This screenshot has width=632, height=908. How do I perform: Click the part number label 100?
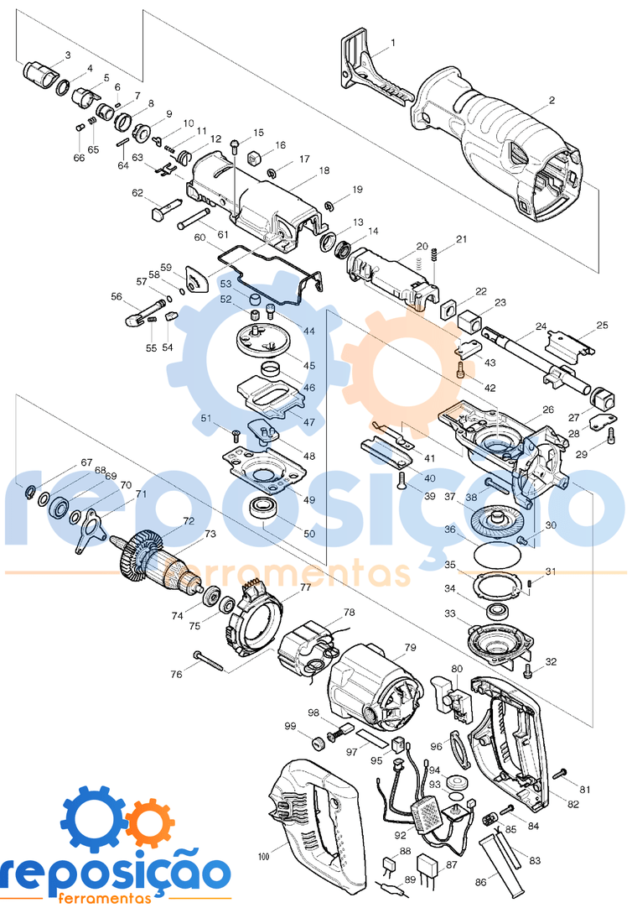point(263,857)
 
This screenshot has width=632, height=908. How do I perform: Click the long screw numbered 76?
point(210,660)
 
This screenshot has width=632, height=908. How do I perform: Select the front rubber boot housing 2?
point(503,147)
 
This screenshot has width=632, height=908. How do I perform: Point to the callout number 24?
point(541,326)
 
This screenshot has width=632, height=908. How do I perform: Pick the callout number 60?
point(199,238)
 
